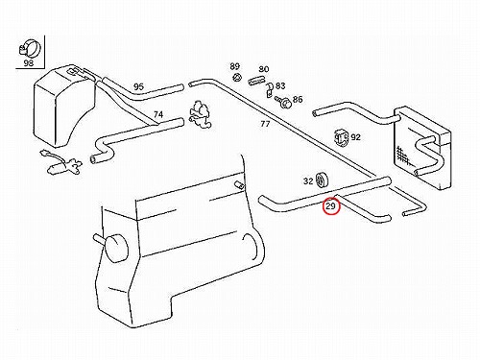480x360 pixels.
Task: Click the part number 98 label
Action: click(29, 62)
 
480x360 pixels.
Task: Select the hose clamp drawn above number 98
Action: click(30, 48)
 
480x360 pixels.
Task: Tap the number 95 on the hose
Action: click(138, 86)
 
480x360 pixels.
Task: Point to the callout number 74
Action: click(158, 114)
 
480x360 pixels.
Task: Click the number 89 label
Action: click(234, 66)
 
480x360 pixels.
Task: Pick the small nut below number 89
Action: click(237, 78)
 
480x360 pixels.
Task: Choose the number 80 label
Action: click(264, 69)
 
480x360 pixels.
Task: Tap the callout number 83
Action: click(280, 85)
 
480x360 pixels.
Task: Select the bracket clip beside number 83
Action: click(269, 90)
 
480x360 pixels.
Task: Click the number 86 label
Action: click(298, 100)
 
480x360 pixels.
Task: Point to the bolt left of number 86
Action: click(283, 103)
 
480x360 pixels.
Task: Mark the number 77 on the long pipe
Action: click(265, 124)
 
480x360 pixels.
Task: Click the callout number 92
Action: click(355, 137)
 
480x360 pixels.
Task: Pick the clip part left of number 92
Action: click(341, 138)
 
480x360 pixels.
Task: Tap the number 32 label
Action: click(308, 181)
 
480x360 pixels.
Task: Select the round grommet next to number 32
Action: click(322, 180)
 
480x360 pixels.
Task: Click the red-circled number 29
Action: click(330, 206)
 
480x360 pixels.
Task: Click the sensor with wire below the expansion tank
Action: click(60, 163)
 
